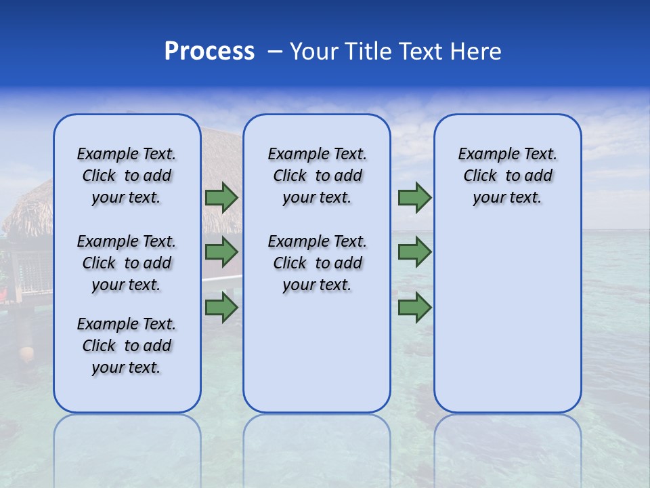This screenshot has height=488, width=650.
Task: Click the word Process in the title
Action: [x=209, y=52]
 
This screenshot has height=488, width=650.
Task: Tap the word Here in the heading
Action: [x=477, y=52]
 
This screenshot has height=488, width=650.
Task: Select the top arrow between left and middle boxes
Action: [x=221, y=198]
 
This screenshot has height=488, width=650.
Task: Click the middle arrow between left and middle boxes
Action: [x=221, y=252]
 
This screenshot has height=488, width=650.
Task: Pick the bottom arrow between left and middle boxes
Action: [x=221, y=307]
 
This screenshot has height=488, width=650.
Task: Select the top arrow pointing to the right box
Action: [x=414, y=198]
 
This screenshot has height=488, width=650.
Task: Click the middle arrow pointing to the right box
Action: [x=414, y=252]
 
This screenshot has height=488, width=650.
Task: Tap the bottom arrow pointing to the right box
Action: [x=414, y=307]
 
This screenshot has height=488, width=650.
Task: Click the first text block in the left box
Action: [x=127, y=176]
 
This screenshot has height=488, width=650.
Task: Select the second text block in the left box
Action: [x=127, y=263]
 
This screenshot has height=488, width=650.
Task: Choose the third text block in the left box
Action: [x=127, y=346]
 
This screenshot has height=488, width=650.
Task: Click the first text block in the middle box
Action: [x=317, y=176]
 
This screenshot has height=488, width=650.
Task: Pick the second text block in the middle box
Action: [x=317, y=263]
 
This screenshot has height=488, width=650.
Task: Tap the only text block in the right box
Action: [x=508, y=176]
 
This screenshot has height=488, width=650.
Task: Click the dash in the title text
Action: [x=275, y=52]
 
